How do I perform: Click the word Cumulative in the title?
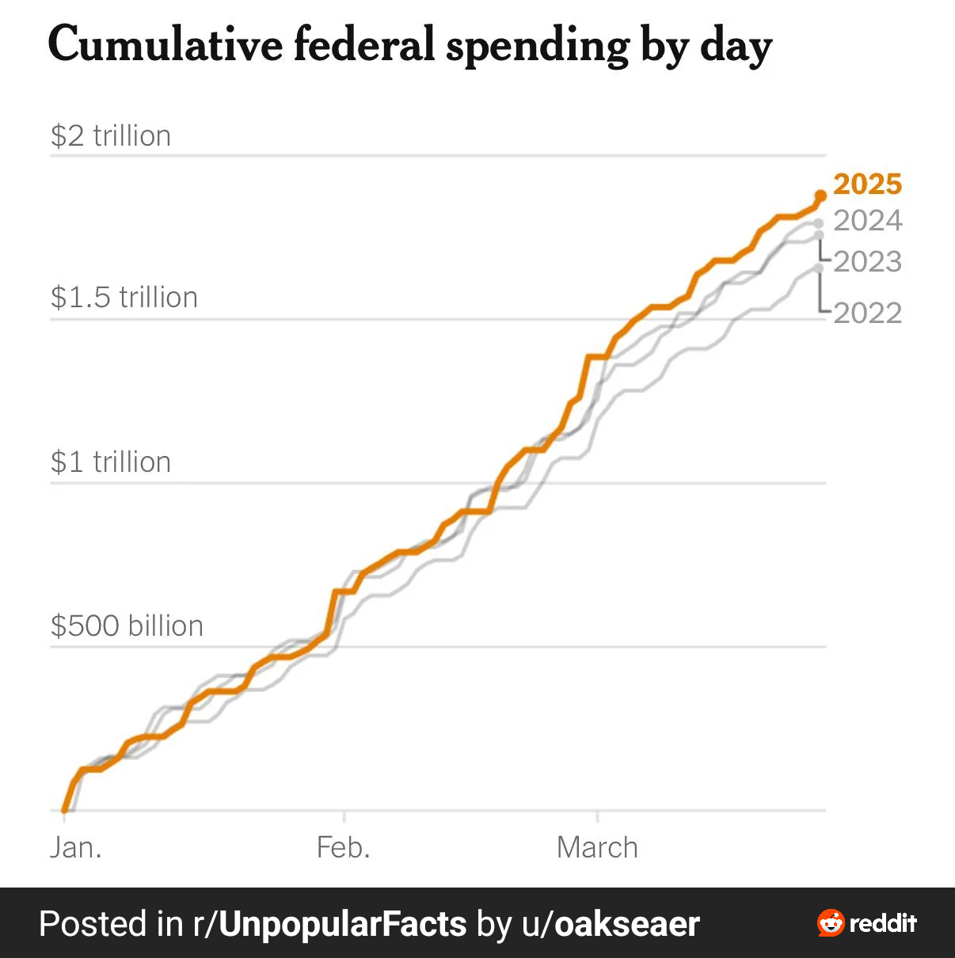tap(165, 44)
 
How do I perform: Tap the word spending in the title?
tap(538, 46)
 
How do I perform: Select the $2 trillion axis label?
tap(111, 136)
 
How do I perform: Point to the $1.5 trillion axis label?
tap(124, 298)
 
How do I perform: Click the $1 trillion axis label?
tap(111, 462)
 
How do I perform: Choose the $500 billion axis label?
tap(127, 625)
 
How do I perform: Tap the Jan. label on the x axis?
tap(76, 847)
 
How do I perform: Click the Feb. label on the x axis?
tap(344, 847)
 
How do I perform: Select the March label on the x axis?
tap(597, 847)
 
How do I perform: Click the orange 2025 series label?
tap(868, 184)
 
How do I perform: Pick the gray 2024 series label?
tap(868, 220)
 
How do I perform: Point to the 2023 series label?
tap(868, 261)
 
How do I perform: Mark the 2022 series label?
tap(868, 313)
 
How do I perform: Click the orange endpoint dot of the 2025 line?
tap(820, 196)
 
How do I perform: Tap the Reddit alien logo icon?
tap(831, 923)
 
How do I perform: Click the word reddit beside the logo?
tap(883, 923)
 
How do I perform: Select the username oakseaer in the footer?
tap(627, 924)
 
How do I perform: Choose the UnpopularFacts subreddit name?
tap(342, 924)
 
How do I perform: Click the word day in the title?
tap(736, 46)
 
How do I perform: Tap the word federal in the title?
tap(363, 44)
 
